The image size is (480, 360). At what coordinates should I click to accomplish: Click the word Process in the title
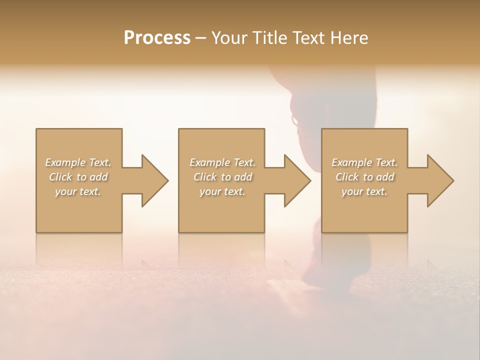pyautogui.click(x=157, y=38)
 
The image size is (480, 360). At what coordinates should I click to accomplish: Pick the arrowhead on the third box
pyautogui.click(x=439, y=180)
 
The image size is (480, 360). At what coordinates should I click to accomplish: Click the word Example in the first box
pyautogui.click(x=65, y=162)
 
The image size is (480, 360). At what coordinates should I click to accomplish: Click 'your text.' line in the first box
pyautogui.click(x=78, y=191)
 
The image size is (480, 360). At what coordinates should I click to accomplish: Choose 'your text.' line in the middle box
pyautogui.click(x=222, y=191)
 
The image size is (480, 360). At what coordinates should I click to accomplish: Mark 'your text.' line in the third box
pyautogui.click(x=364, y=191)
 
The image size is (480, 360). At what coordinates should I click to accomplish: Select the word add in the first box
pyautogui.click(x=99, y=177)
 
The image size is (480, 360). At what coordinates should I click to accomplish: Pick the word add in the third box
pyautogui.click(x=385, y=177)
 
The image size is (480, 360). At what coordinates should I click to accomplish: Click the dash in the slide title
pyautogui.click(x=200, y=38)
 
